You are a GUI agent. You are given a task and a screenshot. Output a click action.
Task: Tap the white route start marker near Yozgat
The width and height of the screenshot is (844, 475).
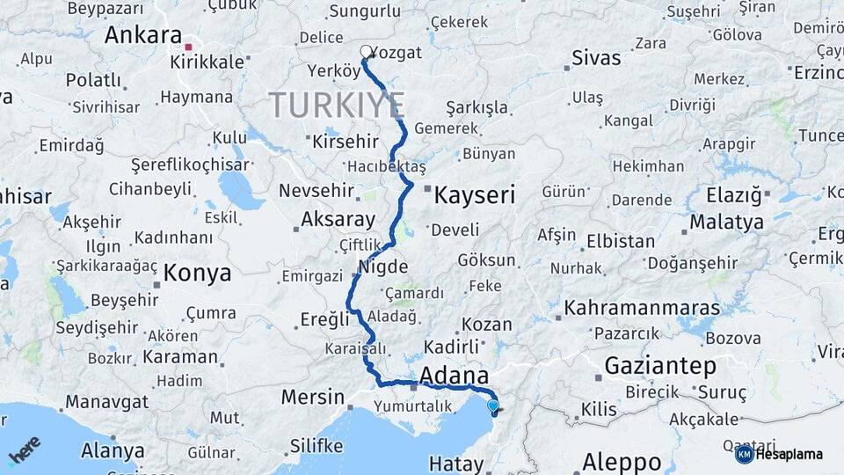[366, 51]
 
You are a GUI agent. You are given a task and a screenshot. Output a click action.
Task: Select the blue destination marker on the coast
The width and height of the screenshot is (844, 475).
[493, 406]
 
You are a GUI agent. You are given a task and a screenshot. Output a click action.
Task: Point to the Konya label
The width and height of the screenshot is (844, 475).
[197, 273]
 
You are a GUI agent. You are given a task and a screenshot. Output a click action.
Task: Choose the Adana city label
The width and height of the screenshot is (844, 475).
[454, 376]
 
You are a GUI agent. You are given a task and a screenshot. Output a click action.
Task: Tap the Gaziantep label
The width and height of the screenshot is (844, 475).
[660, 365]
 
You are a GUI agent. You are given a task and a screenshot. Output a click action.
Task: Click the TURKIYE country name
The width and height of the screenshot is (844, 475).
[337, 106]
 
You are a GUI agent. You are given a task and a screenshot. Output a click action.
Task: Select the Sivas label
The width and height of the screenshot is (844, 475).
[595, 59]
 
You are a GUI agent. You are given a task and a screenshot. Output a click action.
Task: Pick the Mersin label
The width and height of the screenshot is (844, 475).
[313, 397]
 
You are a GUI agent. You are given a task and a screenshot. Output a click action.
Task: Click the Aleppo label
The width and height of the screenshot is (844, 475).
[622, 461]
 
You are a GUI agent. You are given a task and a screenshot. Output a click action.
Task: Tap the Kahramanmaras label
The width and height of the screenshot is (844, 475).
[641, 309]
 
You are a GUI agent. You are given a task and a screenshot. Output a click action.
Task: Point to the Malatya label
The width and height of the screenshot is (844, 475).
[726, 223]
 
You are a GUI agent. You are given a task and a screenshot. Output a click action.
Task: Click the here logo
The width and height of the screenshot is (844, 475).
[25, 450]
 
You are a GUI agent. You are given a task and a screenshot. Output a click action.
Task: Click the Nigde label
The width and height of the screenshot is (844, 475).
[383, 267]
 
